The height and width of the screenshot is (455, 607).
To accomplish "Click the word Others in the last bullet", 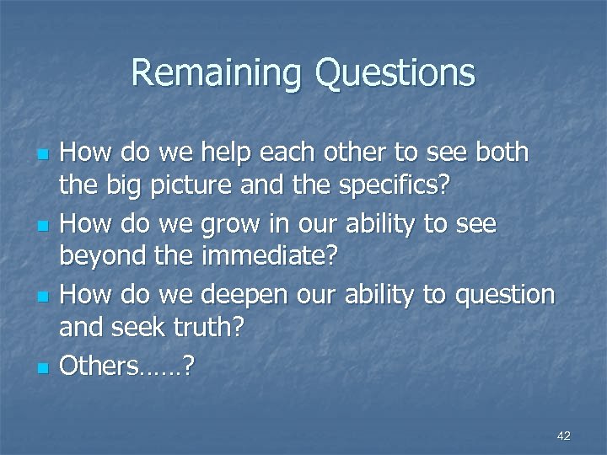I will pyautogui.click(x=105, y=366).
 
